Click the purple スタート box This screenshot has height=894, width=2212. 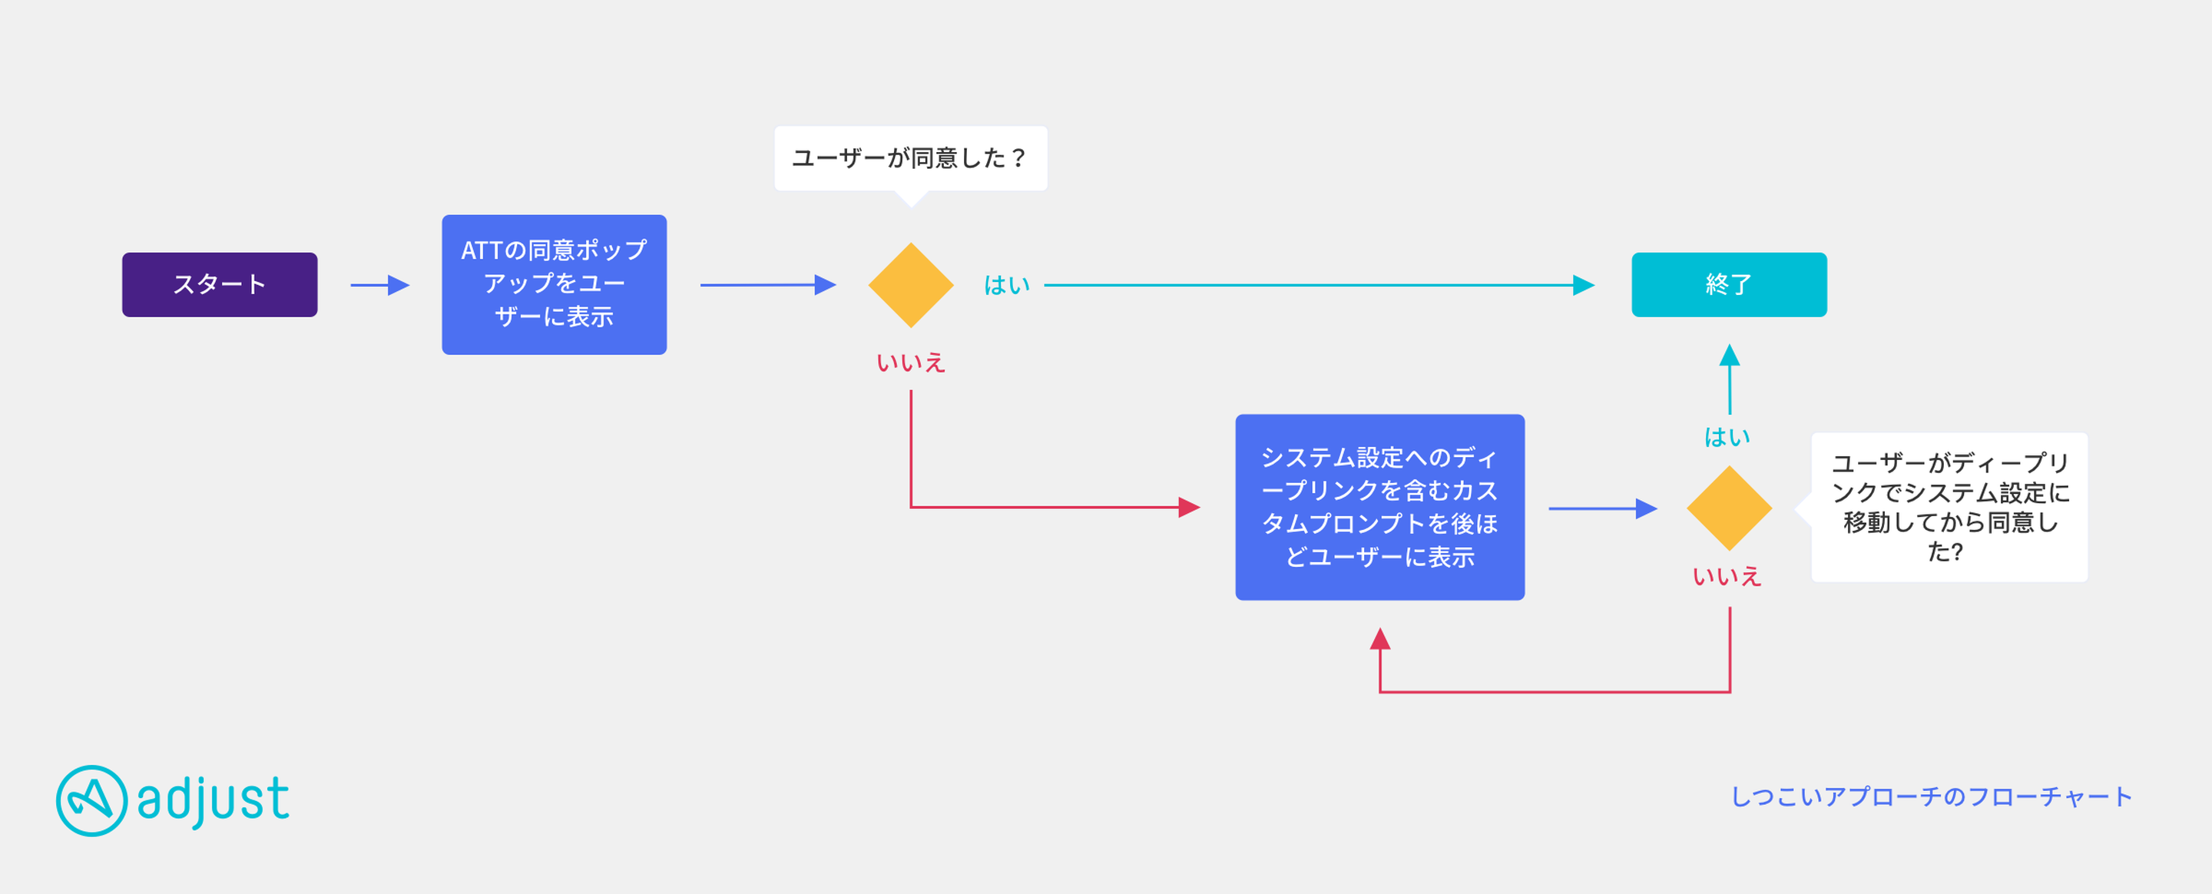pos(220,284)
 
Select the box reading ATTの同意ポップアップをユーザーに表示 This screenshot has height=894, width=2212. pos(554,284)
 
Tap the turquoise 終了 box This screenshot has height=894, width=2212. pos(1729,284)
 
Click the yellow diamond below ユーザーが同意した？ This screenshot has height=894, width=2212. pos(911,285)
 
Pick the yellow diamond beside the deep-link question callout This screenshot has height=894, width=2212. pos(1730,508)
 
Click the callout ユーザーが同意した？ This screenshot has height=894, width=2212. pos(910,159)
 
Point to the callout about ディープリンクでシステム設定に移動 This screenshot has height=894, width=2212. pos(1948,508)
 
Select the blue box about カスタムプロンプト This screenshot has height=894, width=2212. pos(1380,508)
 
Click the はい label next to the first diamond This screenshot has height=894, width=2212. pos(1006,285)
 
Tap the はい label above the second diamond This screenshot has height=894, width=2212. pos(1727,437)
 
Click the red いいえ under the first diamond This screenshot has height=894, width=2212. pos(911,363)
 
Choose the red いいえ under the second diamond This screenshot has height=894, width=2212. pos(1727,576)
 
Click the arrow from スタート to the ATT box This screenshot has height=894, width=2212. pos(379,285)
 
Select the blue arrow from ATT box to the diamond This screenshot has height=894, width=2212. pos(768,285)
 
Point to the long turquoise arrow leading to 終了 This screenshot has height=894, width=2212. pos(1319,285)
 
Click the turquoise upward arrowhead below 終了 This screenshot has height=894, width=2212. pos(1730,355)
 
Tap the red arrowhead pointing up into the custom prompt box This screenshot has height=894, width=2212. pos(1380,638)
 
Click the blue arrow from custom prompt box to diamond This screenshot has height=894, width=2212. pos(1602,508)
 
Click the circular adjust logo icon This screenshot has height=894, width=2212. pos(92,800)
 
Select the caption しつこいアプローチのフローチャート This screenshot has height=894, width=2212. pos(1931,797)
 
